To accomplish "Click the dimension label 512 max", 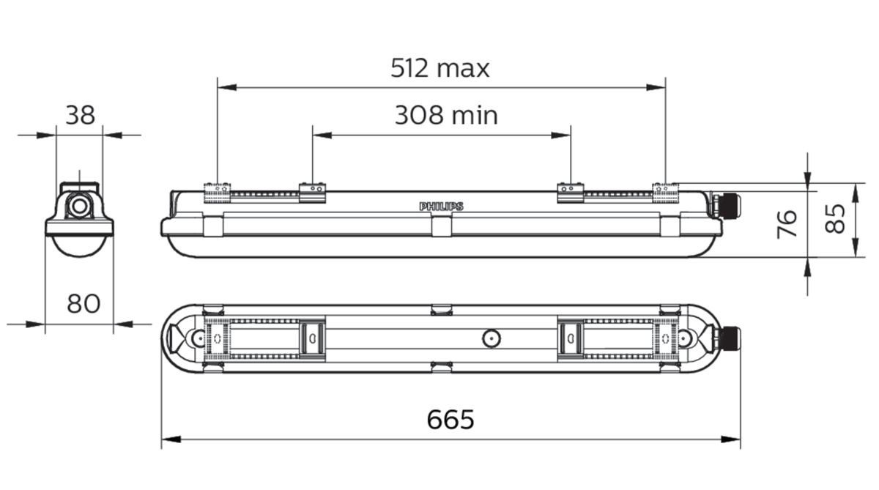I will click(x=439, y=68).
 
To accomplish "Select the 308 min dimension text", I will click(x=446, y=115).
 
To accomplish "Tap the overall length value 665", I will click(x=450, y=420).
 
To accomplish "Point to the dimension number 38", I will click(x=81, y=115).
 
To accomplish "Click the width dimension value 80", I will click(x=84, y=302).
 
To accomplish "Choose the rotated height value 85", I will click(x=836, y=218).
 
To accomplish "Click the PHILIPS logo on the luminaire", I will click(x=441, y=207).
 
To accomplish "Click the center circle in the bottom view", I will click(x=490, y=338).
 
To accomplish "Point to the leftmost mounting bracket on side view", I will click(x=218, y=191).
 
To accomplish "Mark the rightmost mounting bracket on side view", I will click(x=666, y=191).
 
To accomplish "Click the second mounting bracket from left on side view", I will click(x=312, y=192).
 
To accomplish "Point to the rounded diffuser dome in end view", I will click(x=79, y=247).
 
